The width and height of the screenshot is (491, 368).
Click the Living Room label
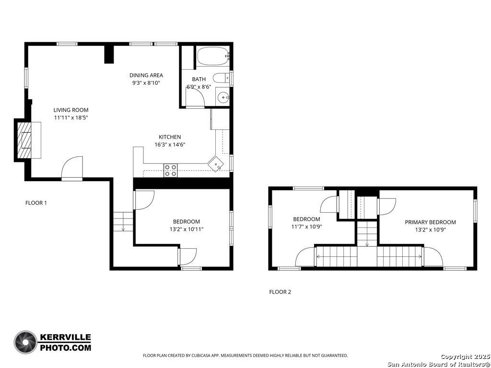click(x=71, y=110)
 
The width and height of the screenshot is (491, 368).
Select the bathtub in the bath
click(x=213, y=57)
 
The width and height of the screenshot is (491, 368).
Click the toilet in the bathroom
click(x=222, y=78)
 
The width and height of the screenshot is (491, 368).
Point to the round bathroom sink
click(x=223, y=97)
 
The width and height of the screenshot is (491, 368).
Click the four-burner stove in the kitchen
click(x=171, y=171)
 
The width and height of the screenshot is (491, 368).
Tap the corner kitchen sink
click(x=216, y=164)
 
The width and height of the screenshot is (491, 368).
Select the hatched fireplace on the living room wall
click(x=24, y=140)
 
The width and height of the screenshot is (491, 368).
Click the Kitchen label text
click(x=170, y=137)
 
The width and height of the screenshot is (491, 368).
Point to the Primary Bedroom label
click(x=430, y=222)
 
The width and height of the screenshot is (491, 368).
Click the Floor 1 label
click(x=36, y=203)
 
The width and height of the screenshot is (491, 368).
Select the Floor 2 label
click(x=280, y=292)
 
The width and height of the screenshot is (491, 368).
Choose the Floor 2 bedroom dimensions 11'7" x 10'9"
click(x=306, y=227)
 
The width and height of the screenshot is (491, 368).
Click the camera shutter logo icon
click(x=25, y=342)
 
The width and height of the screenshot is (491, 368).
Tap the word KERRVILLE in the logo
click(x=65, y=337)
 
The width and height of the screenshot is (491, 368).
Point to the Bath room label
click(x=199, y=79)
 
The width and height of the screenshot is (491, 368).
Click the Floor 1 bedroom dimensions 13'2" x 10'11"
click(x=187, y=230)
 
